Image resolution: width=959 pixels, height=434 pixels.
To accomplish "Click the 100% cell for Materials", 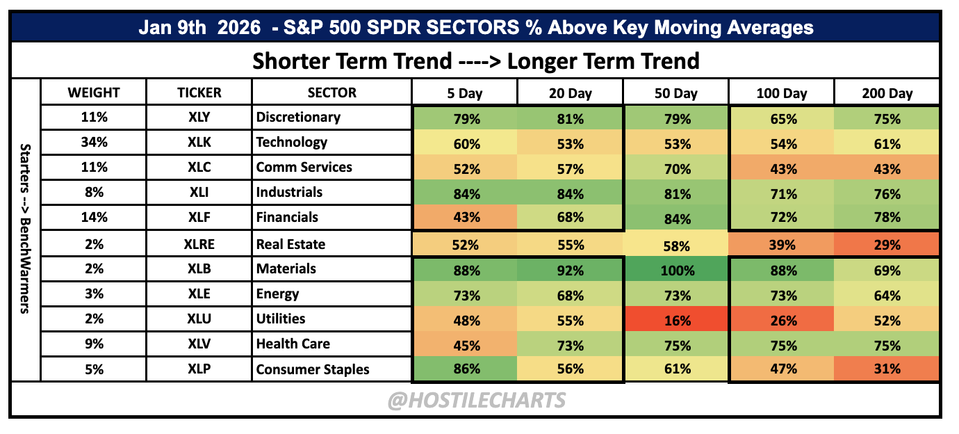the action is [676, 269].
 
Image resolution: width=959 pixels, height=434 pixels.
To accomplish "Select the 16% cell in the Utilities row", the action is [676, 319].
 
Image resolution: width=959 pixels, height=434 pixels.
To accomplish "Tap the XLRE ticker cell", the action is [199, 243].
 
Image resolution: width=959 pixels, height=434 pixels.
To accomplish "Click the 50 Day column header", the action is [676, 93].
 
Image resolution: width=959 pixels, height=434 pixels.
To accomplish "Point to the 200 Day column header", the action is [887, 93].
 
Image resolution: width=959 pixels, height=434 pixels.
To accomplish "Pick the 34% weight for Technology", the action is [94, 142].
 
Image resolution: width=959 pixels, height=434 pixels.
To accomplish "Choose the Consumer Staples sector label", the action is [313, 369].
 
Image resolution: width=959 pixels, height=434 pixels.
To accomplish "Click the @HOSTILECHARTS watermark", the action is [477, 400].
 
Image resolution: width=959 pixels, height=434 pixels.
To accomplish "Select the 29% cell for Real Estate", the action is [886, 244].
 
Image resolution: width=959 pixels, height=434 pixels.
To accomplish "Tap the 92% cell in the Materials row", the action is [570, 269].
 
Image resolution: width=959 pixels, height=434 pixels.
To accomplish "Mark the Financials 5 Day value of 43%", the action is [466, 217].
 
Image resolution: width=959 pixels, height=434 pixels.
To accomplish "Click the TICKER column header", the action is [199, 92].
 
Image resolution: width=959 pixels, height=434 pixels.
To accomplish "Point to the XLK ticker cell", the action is [199, 142].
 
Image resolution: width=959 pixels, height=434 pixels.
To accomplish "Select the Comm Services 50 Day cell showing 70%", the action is [676, 168].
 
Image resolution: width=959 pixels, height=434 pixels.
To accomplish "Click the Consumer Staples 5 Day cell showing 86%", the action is [466, 369].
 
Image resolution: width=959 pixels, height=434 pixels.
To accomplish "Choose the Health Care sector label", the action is [293, 344].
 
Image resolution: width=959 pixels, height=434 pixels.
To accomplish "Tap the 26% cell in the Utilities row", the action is [782, 319].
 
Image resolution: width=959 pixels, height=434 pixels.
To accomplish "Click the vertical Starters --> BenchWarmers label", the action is [25, 229].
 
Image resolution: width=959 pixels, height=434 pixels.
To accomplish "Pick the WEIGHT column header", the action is [94, 92].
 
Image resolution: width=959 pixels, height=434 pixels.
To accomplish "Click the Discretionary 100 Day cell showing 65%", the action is [782, 118].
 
